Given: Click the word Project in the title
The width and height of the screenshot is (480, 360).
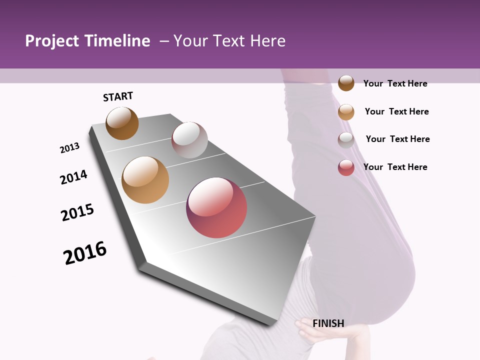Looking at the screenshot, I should click(52, 41).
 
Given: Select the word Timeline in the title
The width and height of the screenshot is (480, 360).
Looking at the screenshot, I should click(117, 41).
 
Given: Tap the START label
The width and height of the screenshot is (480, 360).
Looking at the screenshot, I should click(118, 96).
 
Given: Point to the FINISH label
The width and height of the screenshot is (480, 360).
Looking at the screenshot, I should click(328, 323).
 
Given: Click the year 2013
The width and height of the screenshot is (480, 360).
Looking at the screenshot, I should click(70, 148).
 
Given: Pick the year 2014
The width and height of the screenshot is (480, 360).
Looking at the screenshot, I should click(73, 177).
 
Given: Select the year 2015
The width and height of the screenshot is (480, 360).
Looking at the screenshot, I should click(77, 212).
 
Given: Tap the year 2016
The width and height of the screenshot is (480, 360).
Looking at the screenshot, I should click(85, 253).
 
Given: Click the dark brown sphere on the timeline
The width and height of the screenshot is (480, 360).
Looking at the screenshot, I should click(122, 123).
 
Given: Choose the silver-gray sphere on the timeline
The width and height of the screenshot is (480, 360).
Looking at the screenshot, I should click(189, 140).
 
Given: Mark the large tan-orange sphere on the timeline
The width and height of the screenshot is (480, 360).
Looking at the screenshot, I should click(145, 180).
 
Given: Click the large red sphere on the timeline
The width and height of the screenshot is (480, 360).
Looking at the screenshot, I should click(216, 207).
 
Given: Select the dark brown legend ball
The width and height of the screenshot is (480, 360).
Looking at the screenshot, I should click(346, 83).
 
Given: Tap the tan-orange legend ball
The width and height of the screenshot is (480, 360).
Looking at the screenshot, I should click(346, 112).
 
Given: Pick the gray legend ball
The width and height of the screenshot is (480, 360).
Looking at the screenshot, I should click(346, 140).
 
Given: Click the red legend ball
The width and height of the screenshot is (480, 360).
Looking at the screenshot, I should click(346, 167).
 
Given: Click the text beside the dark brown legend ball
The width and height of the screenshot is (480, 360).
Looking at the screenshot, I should click(395, 83).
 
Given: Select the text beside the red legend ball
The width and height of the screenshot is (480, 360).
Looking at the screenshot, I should click(395, 167).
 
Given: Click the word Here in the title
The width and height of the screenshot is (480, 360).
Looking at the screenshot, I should click(267, 41).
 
